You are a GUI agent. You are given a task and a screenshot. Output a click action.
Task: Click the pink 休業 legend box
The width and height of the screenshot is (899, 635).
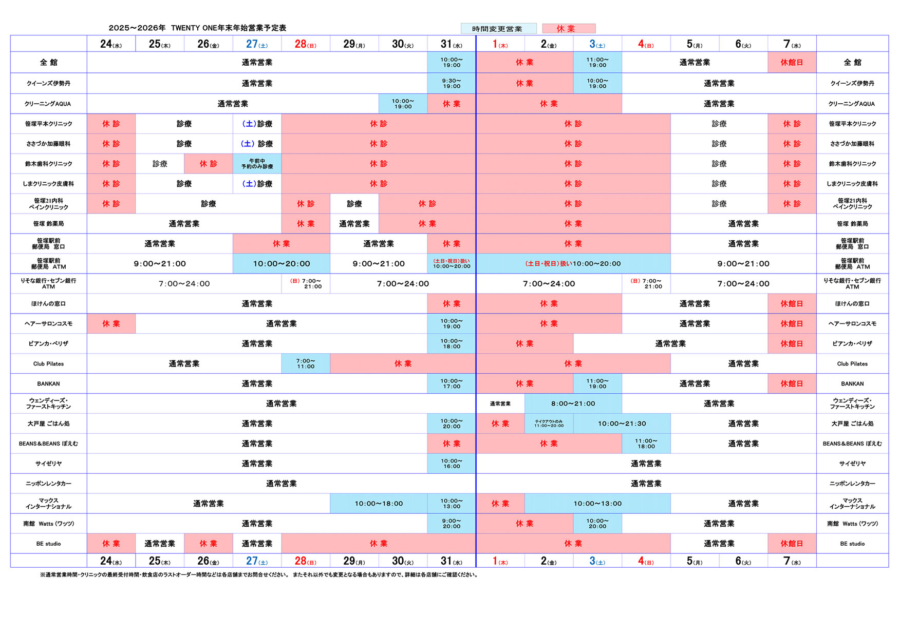569,29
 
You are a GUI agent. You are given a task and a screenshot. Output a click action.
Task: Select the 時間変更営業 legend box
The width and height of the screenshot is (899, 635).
498,29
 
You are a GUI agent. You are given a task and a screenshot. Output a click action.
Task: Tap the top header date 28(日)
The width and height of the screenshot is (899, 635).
306,44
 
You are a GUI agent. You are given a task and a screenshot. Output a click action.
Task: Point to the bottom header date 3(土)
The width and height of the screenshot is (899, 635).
597,561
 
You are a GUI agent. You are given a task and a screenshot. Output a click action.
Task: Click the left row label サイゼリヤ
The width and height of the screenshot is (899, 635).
48,464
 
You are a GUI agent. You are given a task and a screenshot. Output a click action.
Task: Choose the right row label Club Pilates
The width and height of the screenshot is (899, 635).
852,364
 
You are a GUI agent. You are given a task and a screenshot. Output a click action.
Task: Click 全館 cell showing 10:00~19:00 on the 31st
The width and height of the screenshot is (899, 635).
452,63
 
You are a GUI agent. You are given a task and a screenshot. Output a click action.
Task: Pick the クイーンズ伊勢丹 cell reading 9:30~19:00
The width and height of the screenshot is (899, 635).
452,83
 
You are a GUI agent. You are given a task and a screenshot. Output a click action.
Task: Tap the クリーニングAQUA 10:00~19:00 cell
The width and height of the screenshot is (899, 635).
403,104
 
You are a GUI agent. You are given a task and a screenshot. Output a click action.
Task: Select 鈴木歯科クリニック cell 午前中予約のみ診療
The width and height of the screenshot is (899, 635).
257,164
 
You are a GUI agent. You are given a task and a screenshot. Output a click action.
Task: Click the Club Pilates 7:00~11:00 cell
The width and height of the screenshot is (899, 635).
306,364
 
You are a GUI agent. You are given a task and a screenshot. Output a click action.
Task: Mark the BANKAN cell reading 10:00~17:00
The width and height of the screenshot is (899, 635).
452,383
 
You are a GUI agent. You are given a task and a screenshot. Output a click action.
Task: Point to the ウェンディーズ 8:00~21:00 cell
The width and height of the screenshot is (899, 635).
573,403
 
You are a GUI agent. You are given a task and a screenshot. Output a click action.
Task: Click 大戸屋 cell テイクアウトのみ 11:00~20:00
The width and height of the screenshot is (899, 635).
549,424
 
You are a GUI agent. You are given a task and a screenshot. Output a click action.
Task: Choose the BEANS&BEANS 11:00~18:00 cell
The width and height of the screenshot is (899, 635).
646,444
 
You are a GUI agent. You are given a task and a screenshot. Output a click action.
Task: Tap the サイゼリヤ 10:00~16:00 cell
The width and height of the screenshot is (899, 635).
452,464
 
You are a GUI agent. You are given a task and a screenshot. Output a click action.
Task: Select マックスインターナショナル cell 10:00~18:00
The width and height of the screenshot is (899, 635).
379,504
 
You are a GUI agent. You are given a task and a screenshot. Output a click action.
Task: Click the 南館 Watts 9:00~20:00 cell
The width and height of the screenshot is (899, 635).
452,524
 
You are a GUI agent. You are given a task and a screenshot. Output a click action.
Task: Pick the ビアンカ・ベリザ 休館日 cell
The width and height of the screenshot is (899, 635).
792,343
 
